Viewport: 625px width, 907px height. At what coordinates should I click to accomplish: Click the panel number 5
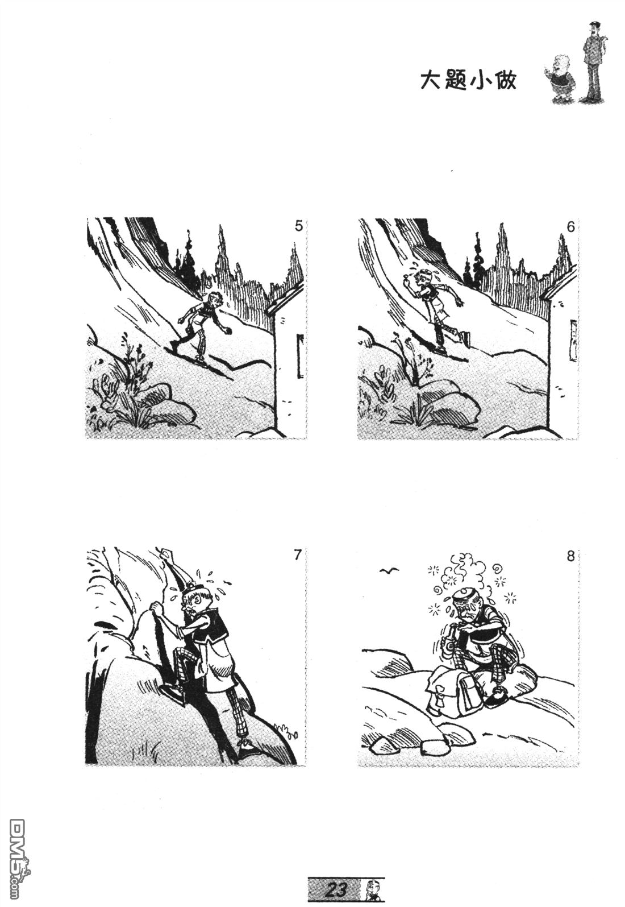[x=298, y=226]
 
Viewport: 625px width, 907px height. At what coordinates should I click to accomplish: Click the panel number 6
[x=570, y=227]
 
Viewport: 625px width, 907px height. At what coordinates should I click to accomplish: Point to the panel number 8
[x=570, y=557]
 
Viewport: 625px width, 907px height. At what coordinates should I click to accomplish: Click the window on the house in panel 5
[x=300, y=356]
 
